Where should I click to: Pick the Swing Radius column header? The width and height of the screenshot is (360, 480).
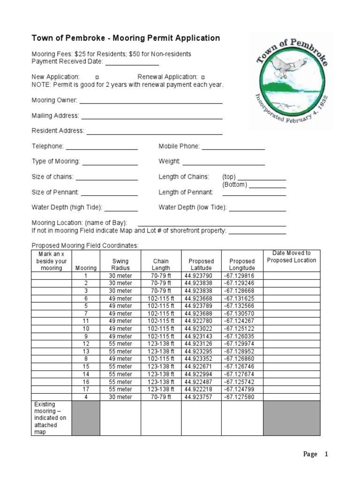[120, 264]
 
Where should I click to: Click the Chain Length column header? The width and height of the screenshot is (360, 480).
[161, 264]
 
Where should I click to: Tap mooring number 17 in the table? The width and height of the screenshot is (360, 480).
[86, 389]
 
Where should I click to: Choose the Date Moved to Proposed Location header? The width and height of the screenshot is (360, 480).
[291, 257]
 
